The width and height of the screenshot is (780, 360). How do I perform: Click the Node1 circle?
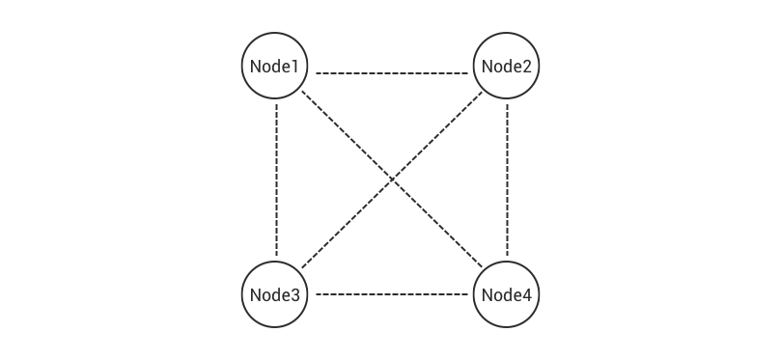click(x=275, y=67)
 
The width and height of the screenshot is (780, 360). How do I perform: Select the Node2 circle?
click(x=506, y=67)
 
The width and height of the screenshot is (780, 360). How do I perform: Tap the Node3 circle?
click(x=275, y=293)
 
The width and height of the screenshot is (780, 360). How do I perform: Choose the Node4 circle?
click(x=506, y=293)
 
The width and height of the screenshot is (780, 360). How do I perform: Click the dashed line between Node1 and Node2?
click(x=391, y=73)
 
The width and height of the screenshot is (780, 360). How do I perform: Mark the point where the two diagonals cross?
click(x=392, y=180)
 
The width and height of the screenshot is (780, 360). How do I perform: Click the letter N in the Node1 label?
click(x=255, y=67)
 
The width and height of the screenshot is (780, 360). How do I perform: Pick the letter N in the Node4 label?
click(x=486, y=294)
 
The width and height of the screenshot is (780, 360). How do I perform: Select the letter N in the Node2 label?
click(x=486, y=67)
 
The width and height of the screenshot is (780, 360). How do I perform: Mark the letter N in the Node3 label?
click(x=255, y=294)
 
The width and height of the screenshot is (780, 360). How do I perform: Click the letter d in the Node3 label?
click(x=276, y=294)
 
